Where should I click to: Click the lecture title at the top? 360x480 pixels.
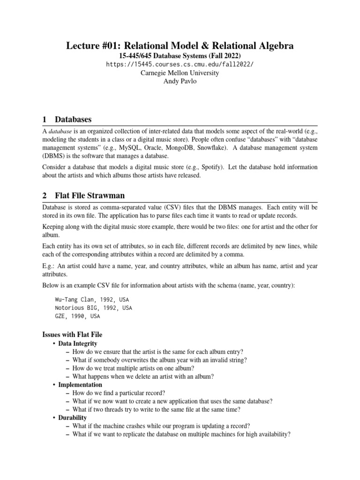coord(180,45)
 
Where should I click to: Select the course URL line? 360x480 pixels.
coord(180,64)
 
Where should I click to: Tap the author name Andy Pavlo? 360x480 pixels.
coord(180,81)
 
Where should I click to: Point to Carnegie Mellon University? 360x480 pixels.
coord(180,73)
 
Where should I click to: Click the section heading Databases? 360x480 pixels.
coord(73,119)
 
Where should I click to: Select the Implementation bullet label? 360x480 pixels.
coord(80,384)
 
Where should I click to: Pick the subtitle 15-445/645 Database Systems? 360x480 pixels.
coord(180,55)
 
